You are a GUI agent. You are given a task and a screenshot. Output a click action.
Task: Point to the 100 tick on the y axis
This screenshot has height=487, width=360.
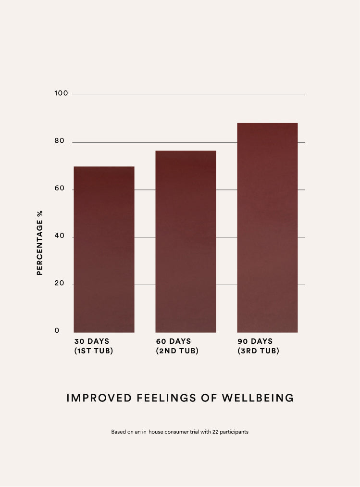point(62,93)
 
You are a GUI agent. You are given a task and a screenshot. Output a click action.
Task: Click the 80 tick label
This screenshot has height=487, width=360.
point(60,141)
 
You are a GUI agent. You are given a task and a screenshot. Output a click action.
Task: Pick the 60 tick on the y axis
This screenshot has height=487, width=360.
point(60,188)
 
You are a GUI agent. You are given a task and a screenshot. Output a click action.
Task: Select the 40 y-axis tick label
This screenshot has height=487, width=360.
point(60,236)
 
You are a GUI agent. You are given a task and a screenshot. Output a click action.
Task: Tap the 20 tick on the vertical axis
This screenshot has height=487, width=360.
point(60,283)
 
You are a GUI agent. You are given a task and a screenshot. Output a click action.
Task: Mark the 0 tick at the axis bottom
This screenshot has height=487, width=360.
point(57,330)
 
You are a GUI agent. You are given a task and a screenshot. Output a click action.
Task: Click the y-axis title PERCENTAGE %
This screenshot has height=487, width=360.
point(40,243)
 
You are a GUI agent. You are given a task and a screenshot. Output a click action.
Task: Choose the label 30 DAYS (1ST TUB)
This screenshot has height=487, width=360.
point(94,346)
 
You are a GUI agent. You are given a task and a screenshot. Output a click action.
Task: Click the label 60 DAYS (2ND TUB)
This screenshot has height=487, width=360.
point(177,346)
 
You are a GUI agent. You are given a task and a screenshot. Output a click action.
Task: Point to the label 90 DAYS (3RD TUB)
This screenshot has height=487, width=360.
point(258,346)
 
